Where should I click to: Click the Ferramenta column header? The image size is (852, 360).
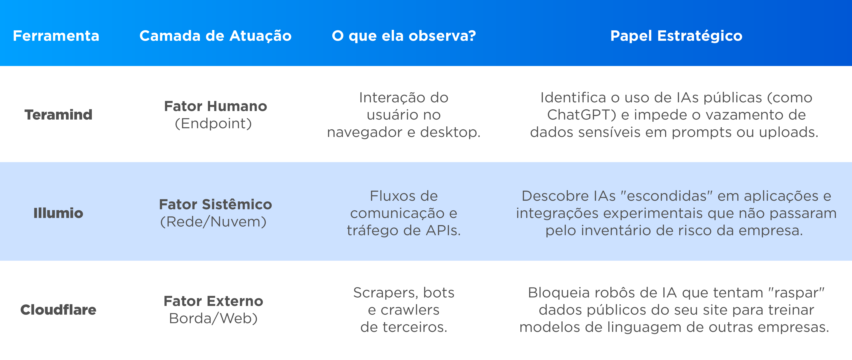pos(56,36)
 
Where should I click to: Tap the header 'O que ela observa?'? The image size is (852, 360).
pos(404,36)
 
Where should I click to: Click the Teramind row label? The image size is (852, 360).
pos(58,115)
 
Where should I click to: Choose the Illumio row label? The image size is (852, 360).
pos(58,213)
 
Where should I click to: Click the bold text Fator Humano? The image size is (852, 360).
pos(215,106)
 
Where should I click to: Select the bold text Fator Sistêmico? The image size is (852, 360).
pos(215,204)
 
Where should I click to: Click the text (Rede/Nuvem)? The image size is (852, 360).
pos(213,222)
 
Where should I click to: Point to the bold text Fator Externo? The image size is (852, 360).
pos(213,301)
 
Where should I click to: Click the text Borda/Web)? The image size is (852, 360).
pos(213,319)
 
